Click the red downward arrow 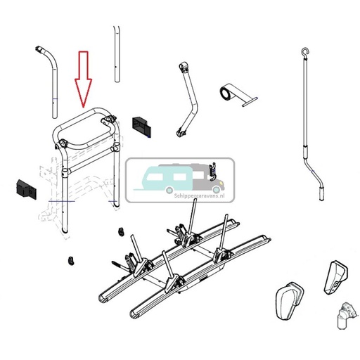pos(84,79)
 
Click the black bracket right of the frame pos(141,124)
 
